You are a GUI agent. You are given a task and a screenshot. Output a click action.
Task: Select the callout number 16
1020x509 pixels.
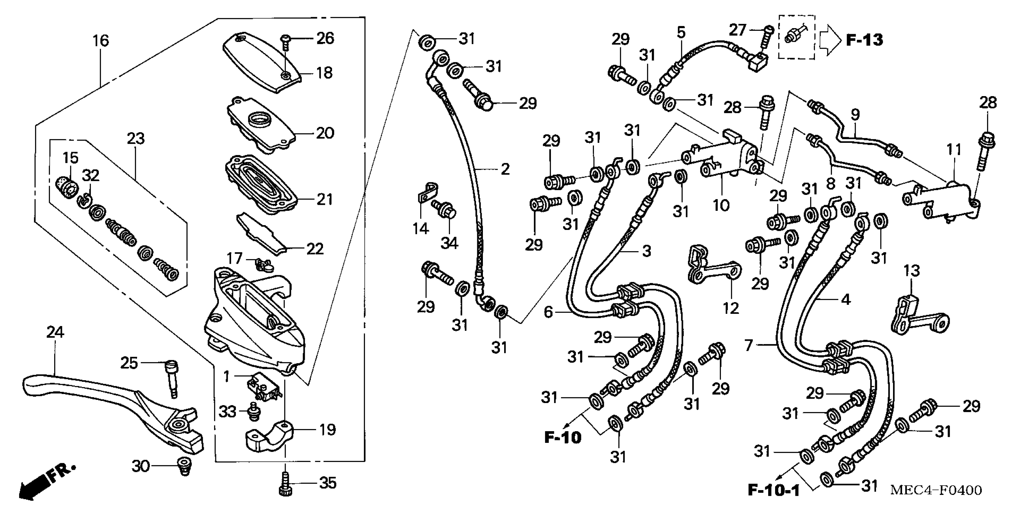coord(101,40)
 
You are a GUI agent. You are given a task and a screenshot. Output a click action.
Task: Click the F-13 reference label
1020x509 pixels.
coord(864,40)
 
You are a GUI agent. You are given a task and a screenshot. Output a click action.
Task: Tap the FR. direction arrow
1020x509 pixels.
coord(43,483)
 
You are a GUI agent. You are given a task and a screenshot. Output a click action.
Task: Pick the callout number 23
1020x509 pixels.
coord(136,139)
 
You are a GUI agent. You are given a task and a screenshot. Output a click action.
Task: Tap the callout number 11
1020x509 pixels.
coord(954,150)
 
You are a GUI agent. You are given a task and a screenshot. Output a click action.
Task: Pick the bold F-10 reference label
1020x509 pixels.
coord(563,437)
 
